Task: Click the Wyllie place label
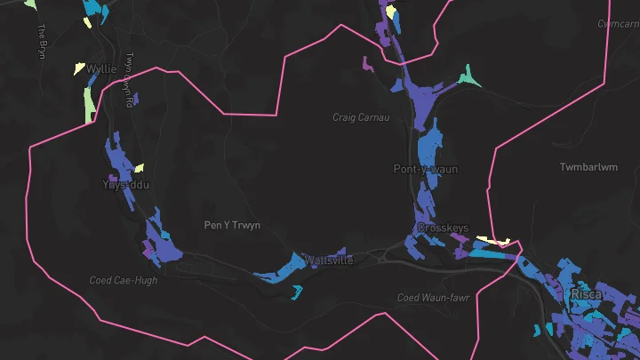tap(101, 68)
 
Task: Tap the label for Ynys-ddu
tap(126, 184)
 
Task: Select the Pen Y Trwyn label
tap(232, 225)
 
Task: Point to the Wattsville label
tap(329, 260)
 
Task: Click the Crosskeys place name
tap(443, 228)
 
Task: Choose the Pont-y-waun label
tap(426, 169)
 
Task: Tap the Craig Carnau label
tap(362, 116)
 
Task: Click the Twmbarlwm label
tap(588, 167)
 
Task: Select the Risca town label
tap(586, 293)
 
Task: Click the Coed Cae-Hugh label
tap(124, 280)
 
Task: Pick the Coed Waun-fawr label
tap(432, 298)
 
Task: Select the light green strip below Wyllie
tap(89, 105)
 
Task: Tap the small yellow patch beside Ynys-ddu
tap(139, 167)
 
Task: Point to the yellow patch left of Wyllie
tap(80, 67)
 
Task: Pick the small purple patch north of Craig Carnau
tap(366, 63)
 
